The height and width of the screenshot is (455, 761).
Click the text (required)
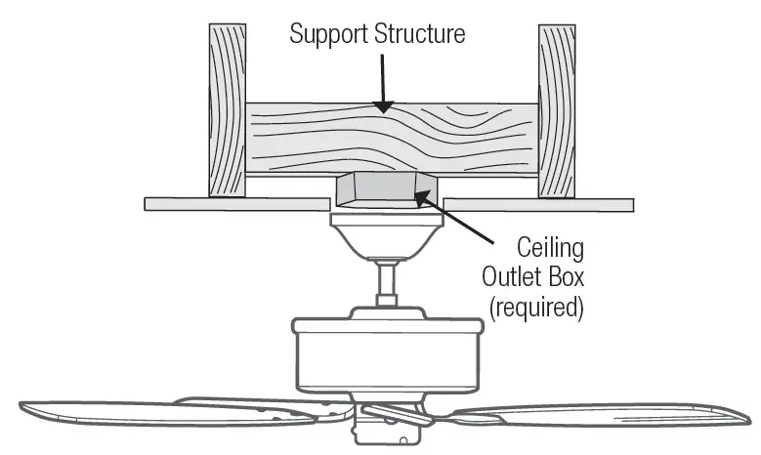535,306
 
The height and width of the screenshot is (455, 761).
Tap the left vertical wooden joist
226,108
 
